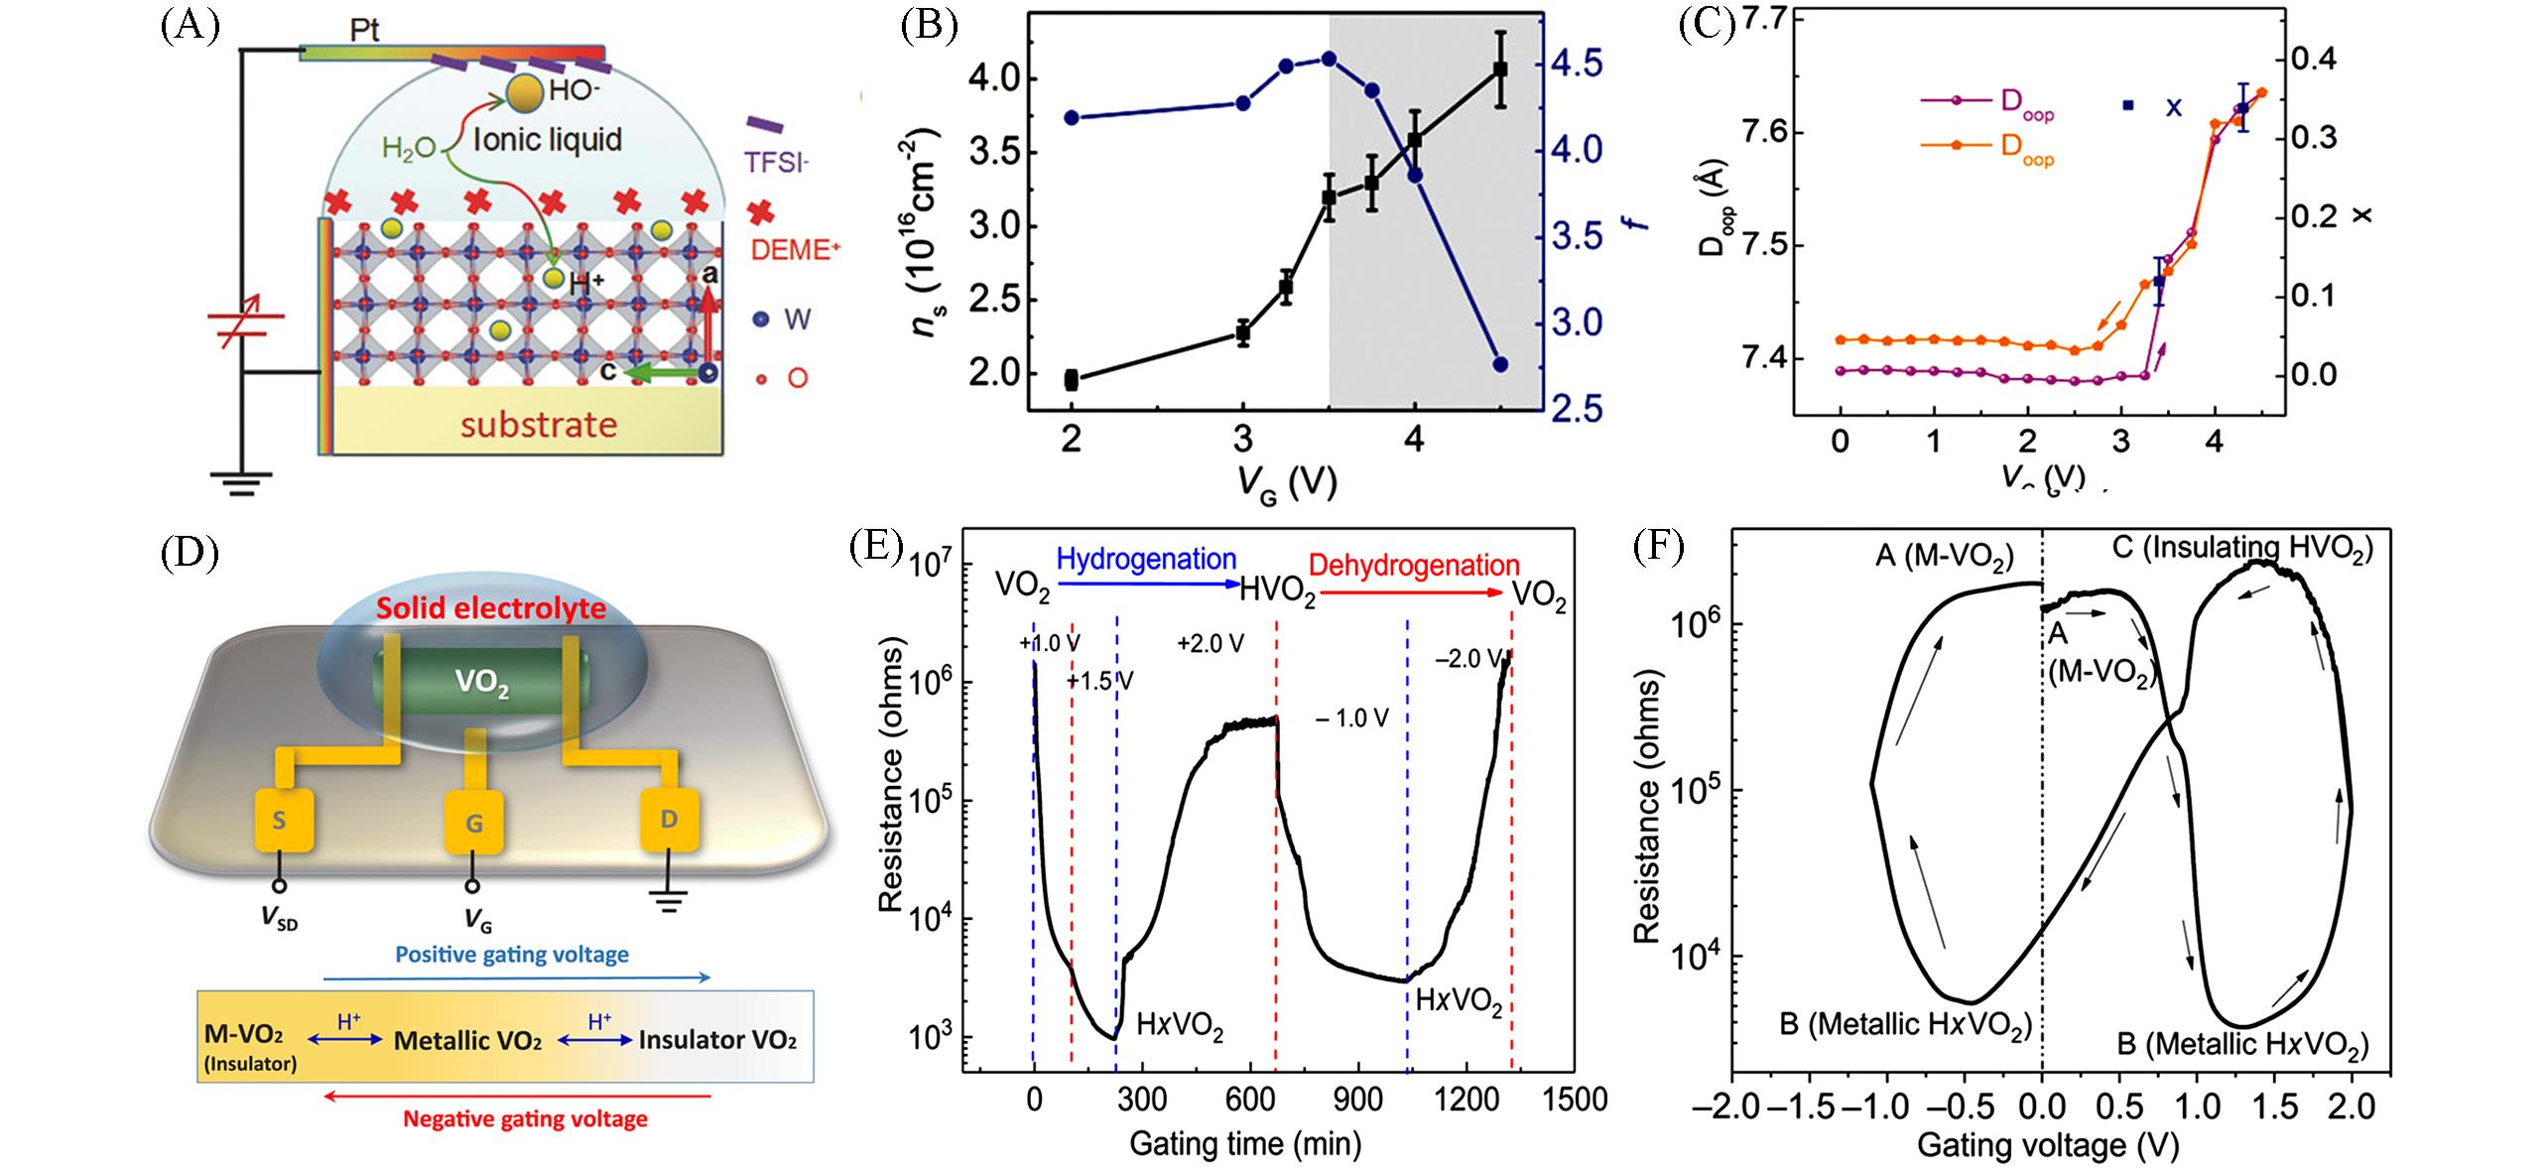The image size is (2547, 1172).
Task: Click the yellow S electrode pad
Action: click(x=285, y=820)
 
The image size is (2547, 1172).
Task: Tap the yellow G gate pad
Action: click(x=474, y=822)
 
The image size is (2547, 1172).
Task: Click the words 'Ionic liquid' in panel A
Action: click(x=548, y=139)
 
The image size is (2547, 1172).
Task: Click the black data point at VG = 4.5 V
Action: click(x=1501, y=68)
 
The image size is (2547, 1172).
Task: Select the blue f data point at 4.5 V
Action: click(x=1500, y=364)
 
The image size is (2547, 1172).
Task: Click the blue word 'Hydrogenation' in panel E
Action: click(x=1146, y=560)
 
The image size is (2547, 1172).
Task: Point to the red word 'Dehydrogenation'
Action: click(x=1414, y=566)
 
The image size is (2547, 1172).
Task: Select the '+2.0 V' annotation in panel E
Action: click(x=1210, y=644)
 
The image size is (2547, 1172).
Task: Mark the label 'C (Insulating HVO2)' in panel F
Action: click(x=2241, y=548)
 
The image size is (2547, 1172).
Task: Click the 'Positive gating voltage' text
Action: click(x=512, y=955)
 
